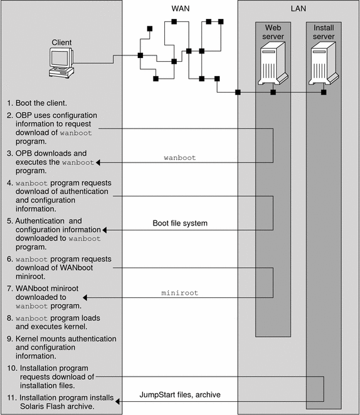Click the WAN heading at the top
[181, 8]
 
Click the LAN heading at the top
[298, 8]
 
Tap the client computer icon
[62, 63]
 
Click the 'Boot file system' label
[180, 223]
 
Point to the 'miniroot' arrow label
[179, 293]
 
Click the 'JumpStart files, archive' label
[180, 395]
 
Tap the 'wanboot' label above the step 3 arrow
[179, 157]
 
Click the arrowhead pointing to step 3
[98, 162]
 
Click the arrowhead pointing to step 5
[104, 230]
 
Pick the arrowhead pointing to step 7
[85, 298]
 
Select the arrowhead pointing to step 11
[118, 402]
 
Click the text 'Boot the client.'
[41, 103]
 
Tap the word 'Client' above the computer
[62, 42]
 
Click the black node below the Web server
[273, 92]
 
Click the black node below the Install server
[323, 92]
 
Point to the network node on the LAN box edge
[238, 92]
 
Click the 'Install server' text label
[323, 32]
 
